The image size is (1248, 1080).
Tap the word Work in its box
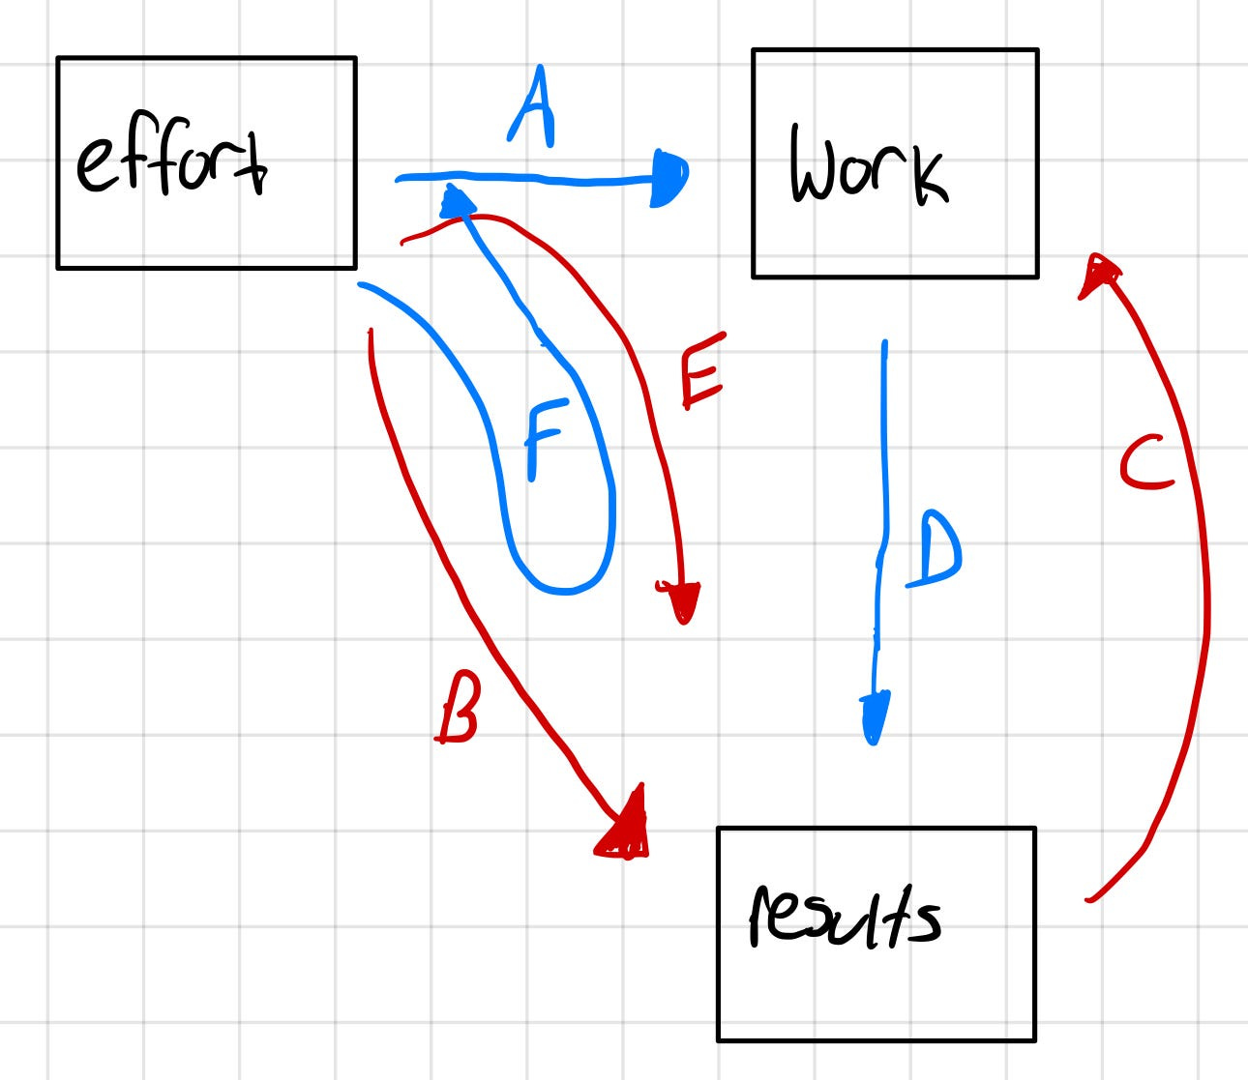(868, 166)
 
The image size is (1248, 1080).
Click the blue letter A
(531, 108)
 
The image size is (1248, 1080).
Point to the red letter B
(458, 711)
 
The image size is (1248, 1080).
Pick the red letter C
(1146, 463)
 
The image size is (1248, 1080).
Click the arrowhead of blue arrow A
(670, 178)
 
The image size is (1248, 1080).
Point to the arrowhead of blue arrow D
(875, 717)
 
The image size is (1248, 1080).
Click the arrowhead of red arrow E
(681, 600)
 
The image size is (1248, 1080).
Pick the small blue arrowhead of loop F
(457, 202)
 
